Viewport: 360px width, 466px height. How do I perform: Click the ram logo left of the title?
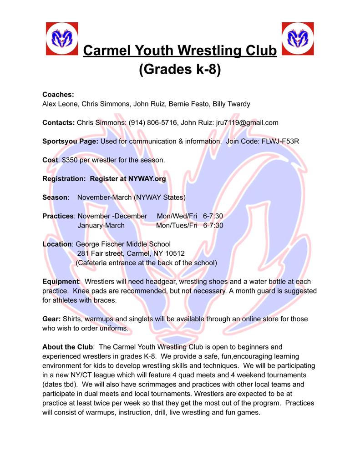tap(62, 38)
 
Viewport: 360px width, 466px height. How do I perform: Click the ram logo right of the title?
tap(298, 38)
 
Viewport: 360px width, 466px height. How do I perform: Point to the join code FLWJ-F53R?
tap(280, 141)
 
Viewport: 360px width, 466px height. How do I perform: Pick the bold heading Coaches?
tap(58, 95)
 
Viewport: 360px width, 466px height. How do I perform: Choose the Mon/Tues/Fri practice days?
tap(177, 225)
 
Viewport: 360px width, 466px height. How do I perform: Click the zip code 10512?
tap(175, 253)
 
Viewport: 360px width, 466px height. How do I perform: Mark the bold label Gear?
tap(51, 319)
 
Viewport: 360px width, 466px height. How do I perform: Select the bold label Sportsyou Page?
tap(70, 141)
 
